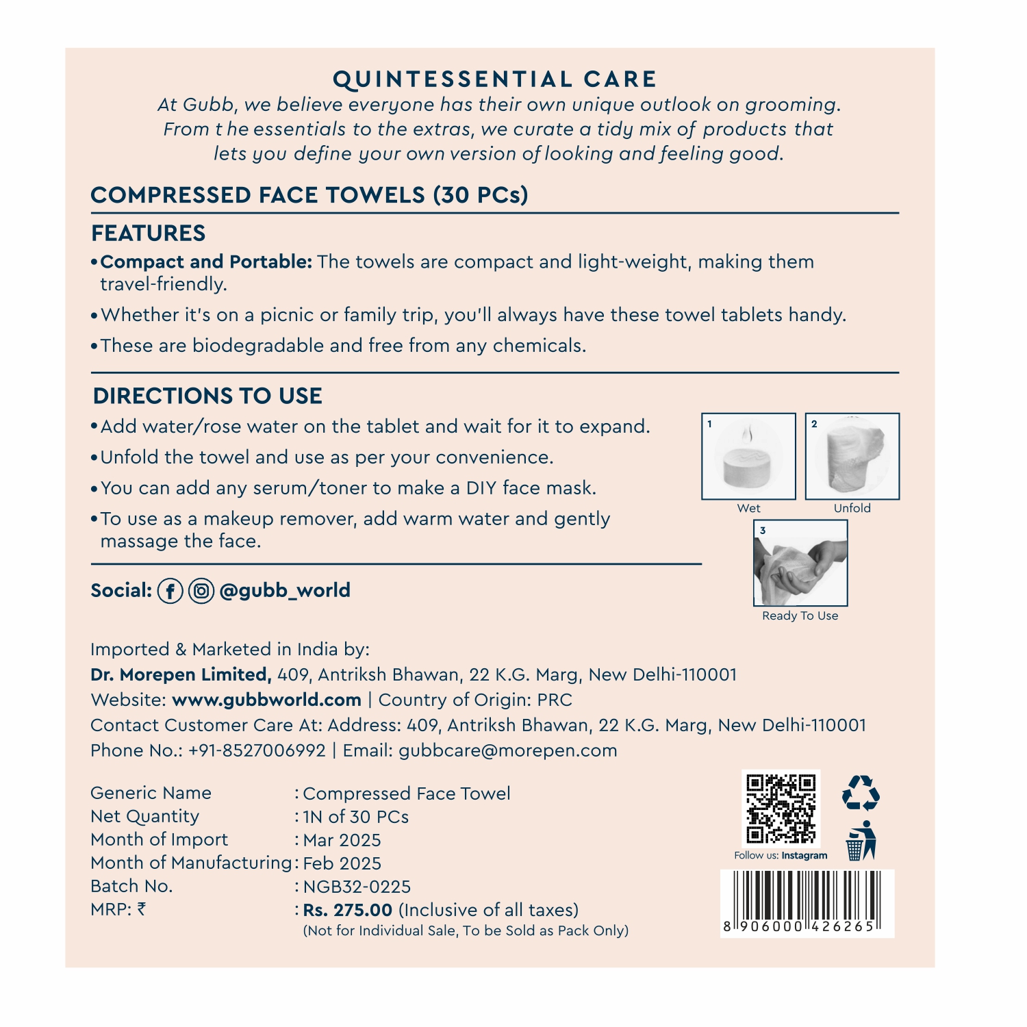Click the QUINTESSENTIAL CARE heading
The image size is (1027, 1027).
tap(494, 79)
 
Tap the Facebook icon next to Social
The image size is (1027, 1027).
tap(170, 591)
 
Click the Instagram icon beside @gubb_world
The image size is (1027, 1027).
tap(201, 591)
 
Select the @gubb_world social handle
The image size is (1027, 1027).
tap(285, 591)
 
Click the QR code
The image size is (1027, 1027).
tap(781, 809)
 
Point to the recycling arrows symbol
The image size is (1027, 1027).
tap(861, 793)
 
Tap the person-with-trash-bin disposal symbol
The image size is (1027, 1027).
tap(861, 841)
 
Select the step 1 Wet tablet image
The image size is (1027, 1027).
tap(748, 457)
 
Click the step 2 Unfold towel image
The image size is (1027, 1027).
tap(852, 457)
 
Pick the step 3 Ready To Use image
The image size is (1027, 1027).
tap(800, 563)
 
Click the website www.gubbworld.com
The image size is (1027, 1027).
tap(266, 700)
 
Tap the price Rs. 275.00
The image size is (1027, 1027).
tap(348, 910)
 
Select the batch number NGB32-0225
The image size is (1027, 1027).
tap(357, 887)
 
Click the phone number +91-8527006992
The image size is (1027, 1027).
tap(257, 750)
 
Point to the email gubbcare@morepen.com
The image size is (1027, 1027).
tap(507, 750)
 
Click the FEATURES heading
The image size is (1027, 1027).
tap(149, 233)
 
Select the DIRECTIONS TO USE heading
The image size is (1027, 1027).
tap(207, 396)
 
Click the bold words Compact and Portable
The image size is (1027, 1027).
tap(206, 262)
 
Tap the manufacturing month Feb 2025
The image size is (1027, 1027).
tap(342, 863)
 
